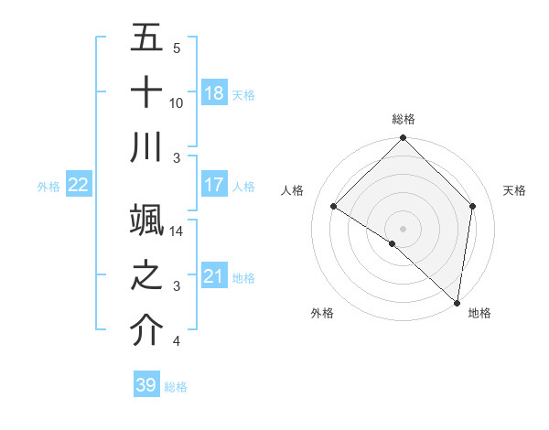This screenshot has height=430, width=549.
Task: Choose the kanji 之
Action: point(147,275)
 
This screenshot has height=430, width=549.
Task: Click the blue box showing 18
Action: point(214,93)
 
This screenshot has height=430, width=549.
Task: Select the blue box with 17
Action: point(214,185)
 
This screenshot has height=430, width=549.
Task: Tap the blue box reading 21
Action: point(214,276)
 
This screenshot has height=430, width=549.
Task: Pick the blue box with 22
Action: point(79,185)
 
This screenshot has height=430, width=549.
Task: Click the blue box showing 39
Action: point(146,385)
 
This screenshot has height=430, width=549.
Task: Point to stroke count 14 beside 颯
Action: point(178,231)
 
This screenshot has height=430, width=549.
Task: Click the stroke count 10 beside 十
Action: point(177,102)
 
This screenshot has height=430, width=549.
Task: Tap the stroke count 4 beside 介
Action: point(177,341)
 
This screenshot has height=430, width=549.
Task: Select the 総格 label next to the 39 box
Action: point(176,387)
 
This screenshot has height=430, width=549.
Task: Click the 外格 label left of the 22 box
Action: point(48,187)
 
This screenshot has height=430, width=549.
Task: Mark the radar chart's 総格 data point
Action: point(403,139)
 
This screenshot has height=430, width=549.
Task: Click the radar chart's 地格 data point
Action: point(457,302)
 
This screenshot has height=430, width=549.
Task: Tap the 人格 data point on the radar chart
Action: point(334,207)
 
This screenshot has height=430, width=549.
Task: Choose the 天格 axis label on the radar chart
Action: point(514,190)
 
